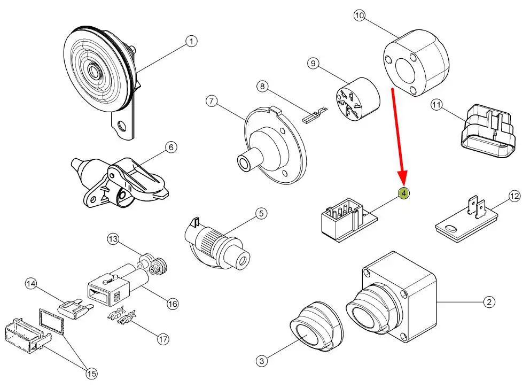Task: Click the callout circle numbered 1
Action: [x=191, y=41]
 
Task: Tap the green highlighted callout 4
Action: [x=404, y=193]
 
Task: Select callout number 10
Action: [x=359, y=16]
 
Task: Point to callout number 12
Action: [x=514, y=197]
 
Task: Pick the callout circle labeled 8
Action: [x=261, y=86]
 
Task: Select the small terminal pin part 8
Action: [x=313, y=115]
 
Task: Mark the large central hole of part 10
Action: [x=407, y=67]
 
